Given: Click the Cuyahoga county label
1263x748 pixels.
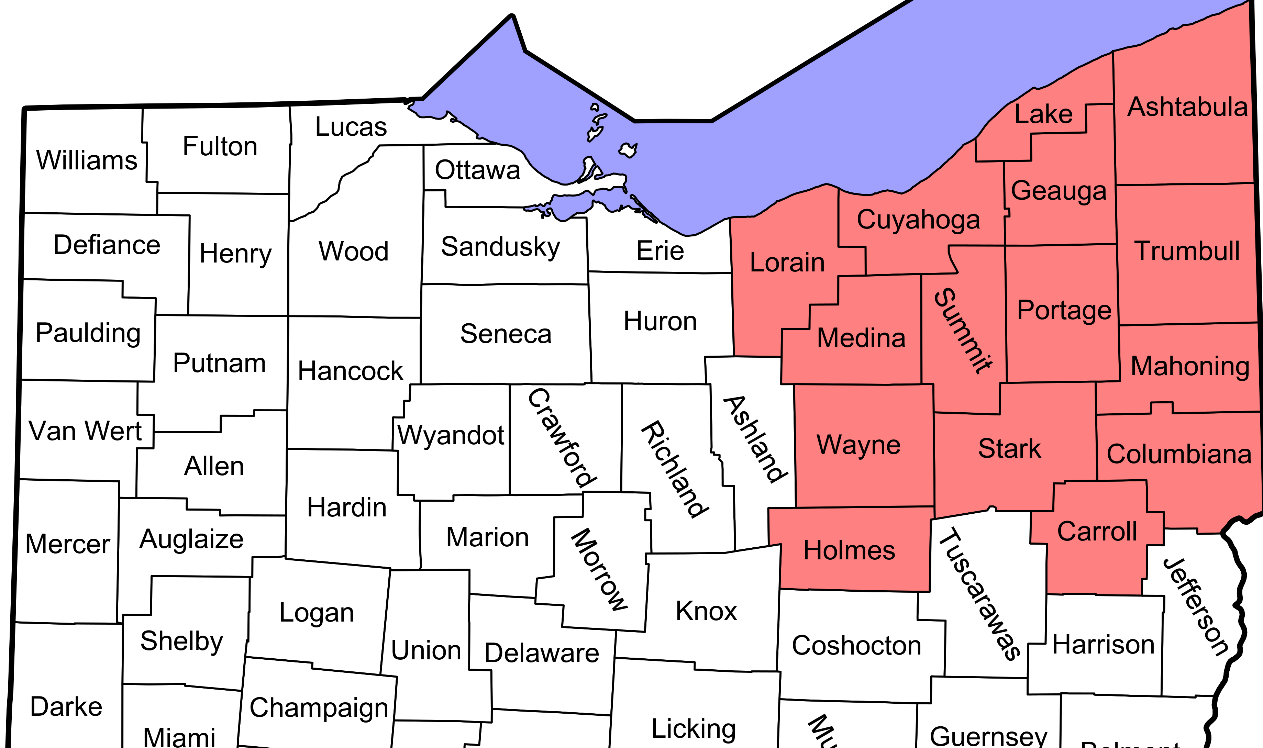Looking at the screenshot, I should [918, 220].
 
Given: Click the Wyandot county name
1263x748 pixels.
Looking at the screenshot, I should [450, 435].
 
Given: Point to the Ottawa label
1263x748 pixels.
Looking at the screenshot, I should [477, 170].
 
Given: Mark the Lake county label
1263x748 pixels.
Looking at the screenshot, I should [1043, 114].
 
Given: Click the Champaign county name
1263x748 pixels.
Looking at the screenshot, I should [319, 708].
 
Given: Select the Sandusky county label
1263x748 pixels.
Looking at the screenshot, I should [500, 247].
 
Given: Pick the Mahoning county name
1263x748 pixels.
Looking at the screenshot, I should [1190, 366].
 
